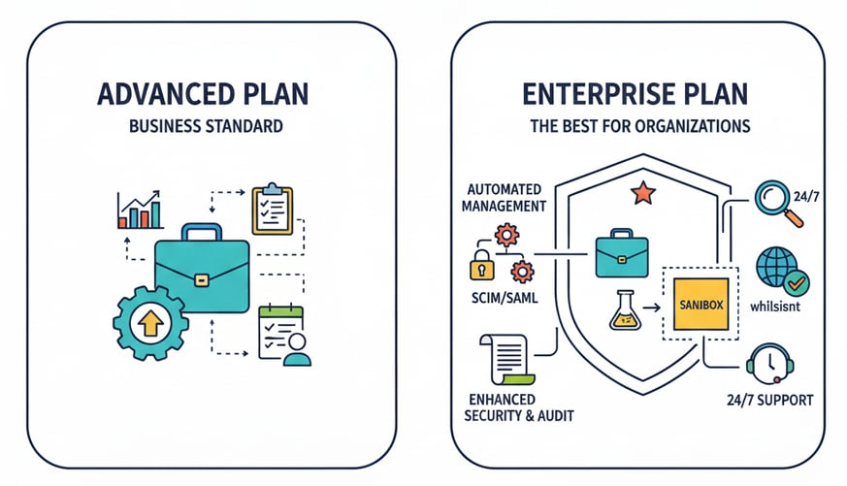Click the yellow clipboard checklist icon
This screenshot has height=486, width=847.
tap(272, 209)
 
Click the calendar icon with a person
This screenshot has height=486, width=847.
tap(282, 336)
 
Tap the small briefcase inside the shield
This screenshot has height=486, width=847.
tap(622, 254)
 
